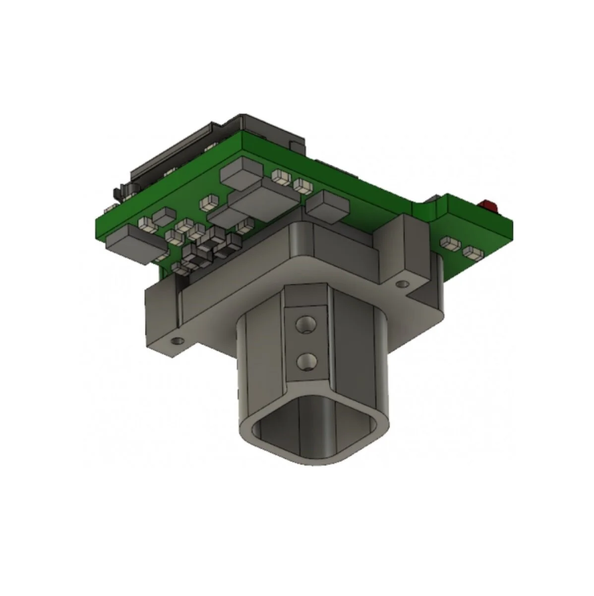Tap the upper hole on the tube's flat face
[304, 325]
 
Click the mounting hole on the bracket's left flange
[174, 341]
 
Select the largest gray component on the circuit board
[265, 199]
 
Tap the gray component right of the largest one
[326, 203]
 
